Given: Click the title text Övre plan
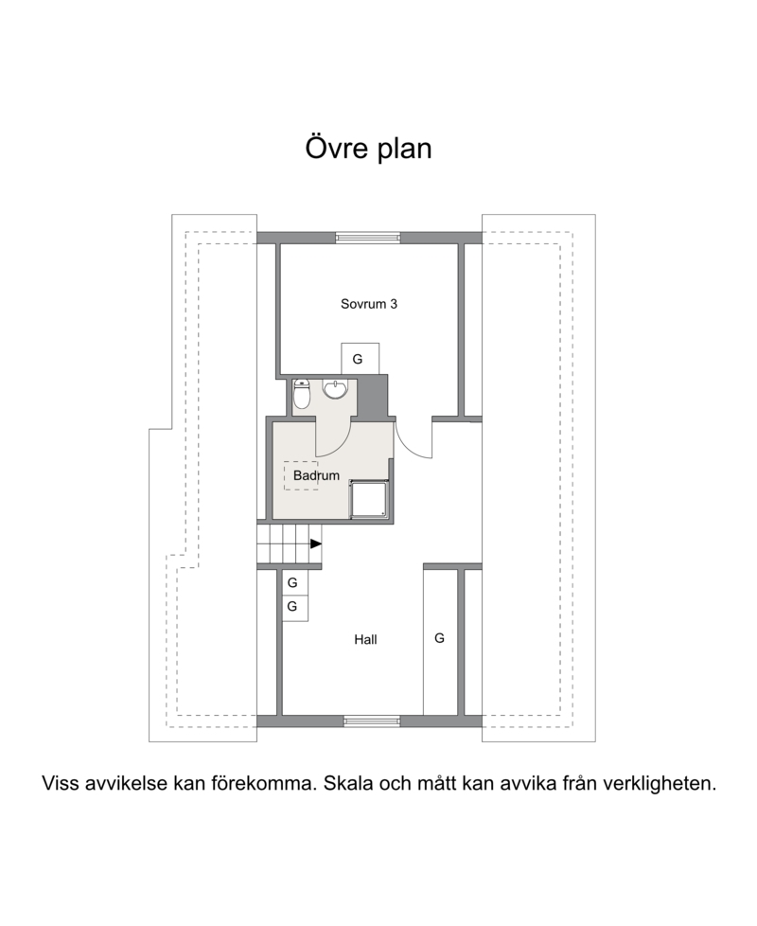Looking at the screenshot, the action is [x=368, y=149].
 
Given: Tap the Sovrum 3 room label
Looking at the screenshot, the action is [x=369, y=304].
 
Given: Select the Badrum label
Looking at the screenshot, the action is [x=316, y=475].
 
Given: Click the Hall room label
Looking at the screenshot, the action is [x=365, y=639].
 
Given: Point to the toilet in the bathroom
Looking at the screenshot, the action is [x=302, y=394].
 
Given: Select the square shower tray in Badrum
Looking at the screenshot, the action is [x=369, y=500].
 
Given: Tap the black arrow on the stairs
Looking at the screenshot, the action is [x=316, y=543].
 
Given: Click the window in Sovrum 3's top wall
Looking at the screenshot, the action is [x=368, y=238].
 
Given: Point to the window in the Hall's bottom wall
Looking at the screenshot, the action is [x=372, y=721].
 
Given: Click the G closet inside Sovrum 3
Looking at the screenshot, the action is [x=360, y=359].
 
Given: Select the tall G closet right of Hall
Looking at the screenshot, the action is [x=441, y=642].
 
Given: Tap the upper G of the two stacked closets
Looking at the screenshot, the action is [x=294, y=583].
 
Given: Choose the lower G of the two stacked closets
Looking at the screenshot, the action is [x=294, y=608].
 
